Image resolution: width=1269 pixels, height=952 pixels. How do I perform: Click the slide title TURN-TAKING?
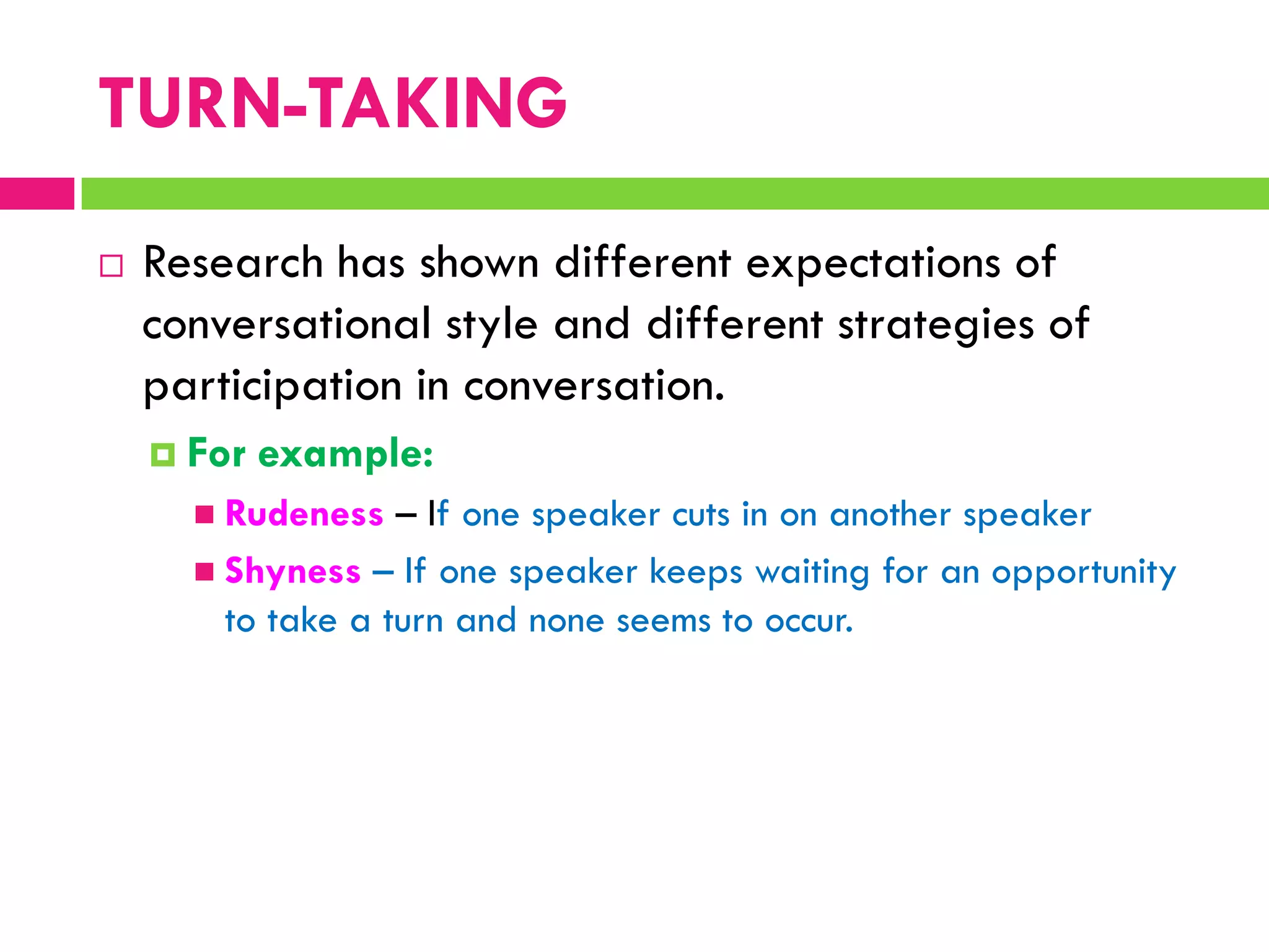(x=333, y=104)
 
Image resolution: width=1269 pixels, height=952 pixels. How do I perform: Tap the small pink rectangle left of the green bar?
(x=37, y=193)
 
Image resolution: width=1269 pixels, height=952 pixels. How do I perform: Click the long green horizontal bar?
(x=674, y=193)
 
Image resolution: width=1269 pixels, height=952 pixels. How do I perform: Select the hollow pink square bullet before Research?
(x=112, y=266)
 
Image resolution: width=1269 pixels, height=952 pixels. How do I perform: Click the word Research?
(x=233, y=263)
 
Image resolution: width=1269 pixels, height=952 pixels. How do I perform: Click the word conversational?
(x=286, y=324)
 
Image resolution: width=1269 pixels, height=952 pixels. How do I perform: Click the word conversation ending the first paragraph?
(x=593, y=387)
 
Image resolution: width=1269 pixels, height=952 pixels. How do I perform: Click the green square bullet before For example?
(x=163, y=455)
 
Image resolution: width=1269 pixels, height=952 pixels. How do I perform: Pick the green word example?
(x=345, y=455)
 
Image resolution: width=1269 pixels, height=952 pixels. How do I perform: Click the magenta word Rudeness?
(x=304, y=514)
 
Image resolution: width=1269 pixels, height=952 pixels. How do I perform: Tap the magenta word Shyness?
(x=292, y=571)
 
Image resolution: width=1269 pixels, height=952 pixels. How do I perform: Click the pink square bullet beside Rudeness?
(x=204, y=514)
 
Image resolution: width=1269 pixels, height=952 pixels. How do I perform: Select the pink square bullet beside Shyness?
(x=204, y=571)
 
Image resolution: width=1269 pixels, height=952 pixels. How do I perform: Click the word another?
(x=890, y=516)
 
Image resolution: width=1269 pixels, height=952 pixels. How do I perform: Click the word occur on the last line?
(x=808, y=621)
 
